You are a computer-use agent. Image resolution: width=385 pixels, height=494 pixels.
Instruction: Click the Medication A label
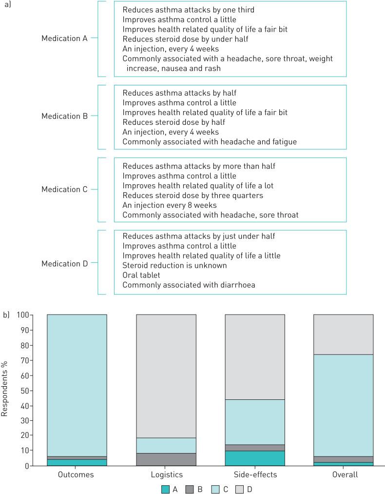[x=64, y=39]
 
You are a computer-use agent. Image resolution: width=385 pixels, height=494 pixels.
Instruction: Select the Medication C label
[x=64, y=189]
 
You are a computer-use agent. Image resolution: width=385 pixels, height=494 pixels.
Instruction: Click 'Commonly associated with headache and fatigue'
[x=210, y=142]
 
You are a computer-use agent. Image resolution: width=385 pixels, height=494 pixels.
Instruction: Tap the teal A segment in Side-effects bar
[x=255, y=458]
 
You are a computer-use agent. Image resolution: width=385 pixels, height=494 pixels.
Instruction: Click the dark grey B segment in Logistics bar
[x=166, y=459]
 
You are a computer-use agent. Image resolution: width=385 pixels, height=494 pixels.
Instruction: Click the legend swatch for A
[x=166, y=488]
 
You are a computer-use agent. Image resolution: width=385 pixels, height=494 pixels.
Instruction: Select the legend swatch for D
[x=240, y=488]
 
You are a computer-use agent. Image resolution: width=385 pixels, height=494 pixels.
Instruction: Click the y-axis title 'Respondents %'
[x=5, y=390]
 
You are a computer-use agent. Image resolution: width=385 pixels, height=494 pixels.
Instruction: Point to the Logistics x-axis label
[x=166, y=474]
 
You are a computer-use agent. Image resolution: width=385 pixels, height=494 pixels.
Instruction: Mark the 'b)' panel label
[x=6, y=315]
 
